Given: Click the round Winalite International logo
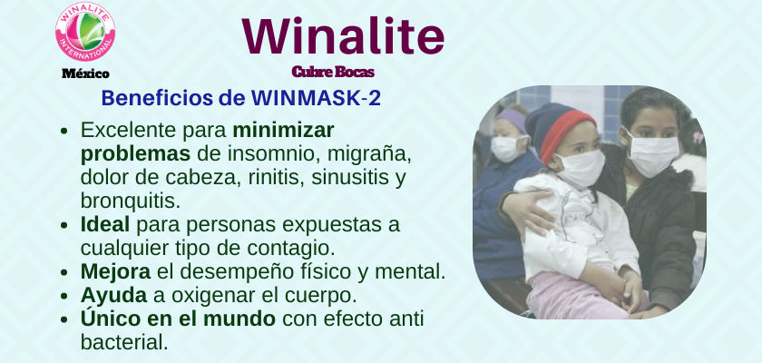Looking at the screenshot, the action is point(85,32).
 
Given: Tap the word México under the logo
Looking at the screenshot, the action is point(85,74).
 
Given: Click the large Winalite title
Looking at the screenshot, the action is point(343,36).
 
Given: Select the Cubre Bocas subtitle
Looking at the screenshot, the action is point(333,72).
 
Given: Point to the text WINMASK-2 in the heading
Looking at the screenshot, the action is point(316,98).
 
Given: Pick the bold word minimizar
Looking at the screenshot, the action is point(283,130).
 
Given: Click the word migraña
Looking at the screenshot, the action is point(369,154).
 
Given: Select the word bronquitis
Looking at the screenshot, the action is point(131,201).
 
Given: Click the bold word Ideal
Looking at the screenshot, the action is point(105,225).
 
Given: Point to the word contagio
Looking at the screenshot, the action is point(291,249).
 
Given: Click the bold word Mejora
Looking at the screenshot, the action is point(116,272).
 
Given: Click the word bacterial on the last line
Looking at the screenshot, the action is point(124,342).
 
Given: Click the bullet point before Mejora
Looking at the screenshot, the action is point(63,272).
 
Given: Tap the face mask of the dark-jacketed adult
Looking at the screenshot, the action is point(651,153).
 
